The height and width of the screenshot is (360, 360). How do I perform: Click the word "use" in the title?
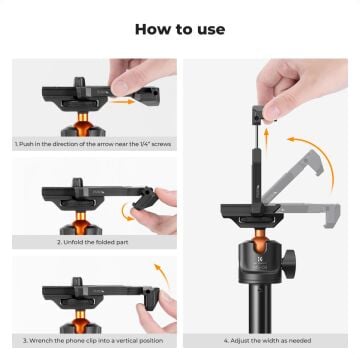pyautogui.click(x=209, y=28)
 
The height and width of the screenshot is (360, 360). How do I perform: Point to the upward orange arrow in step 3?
pyautogui.click(x=157, y=272)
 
